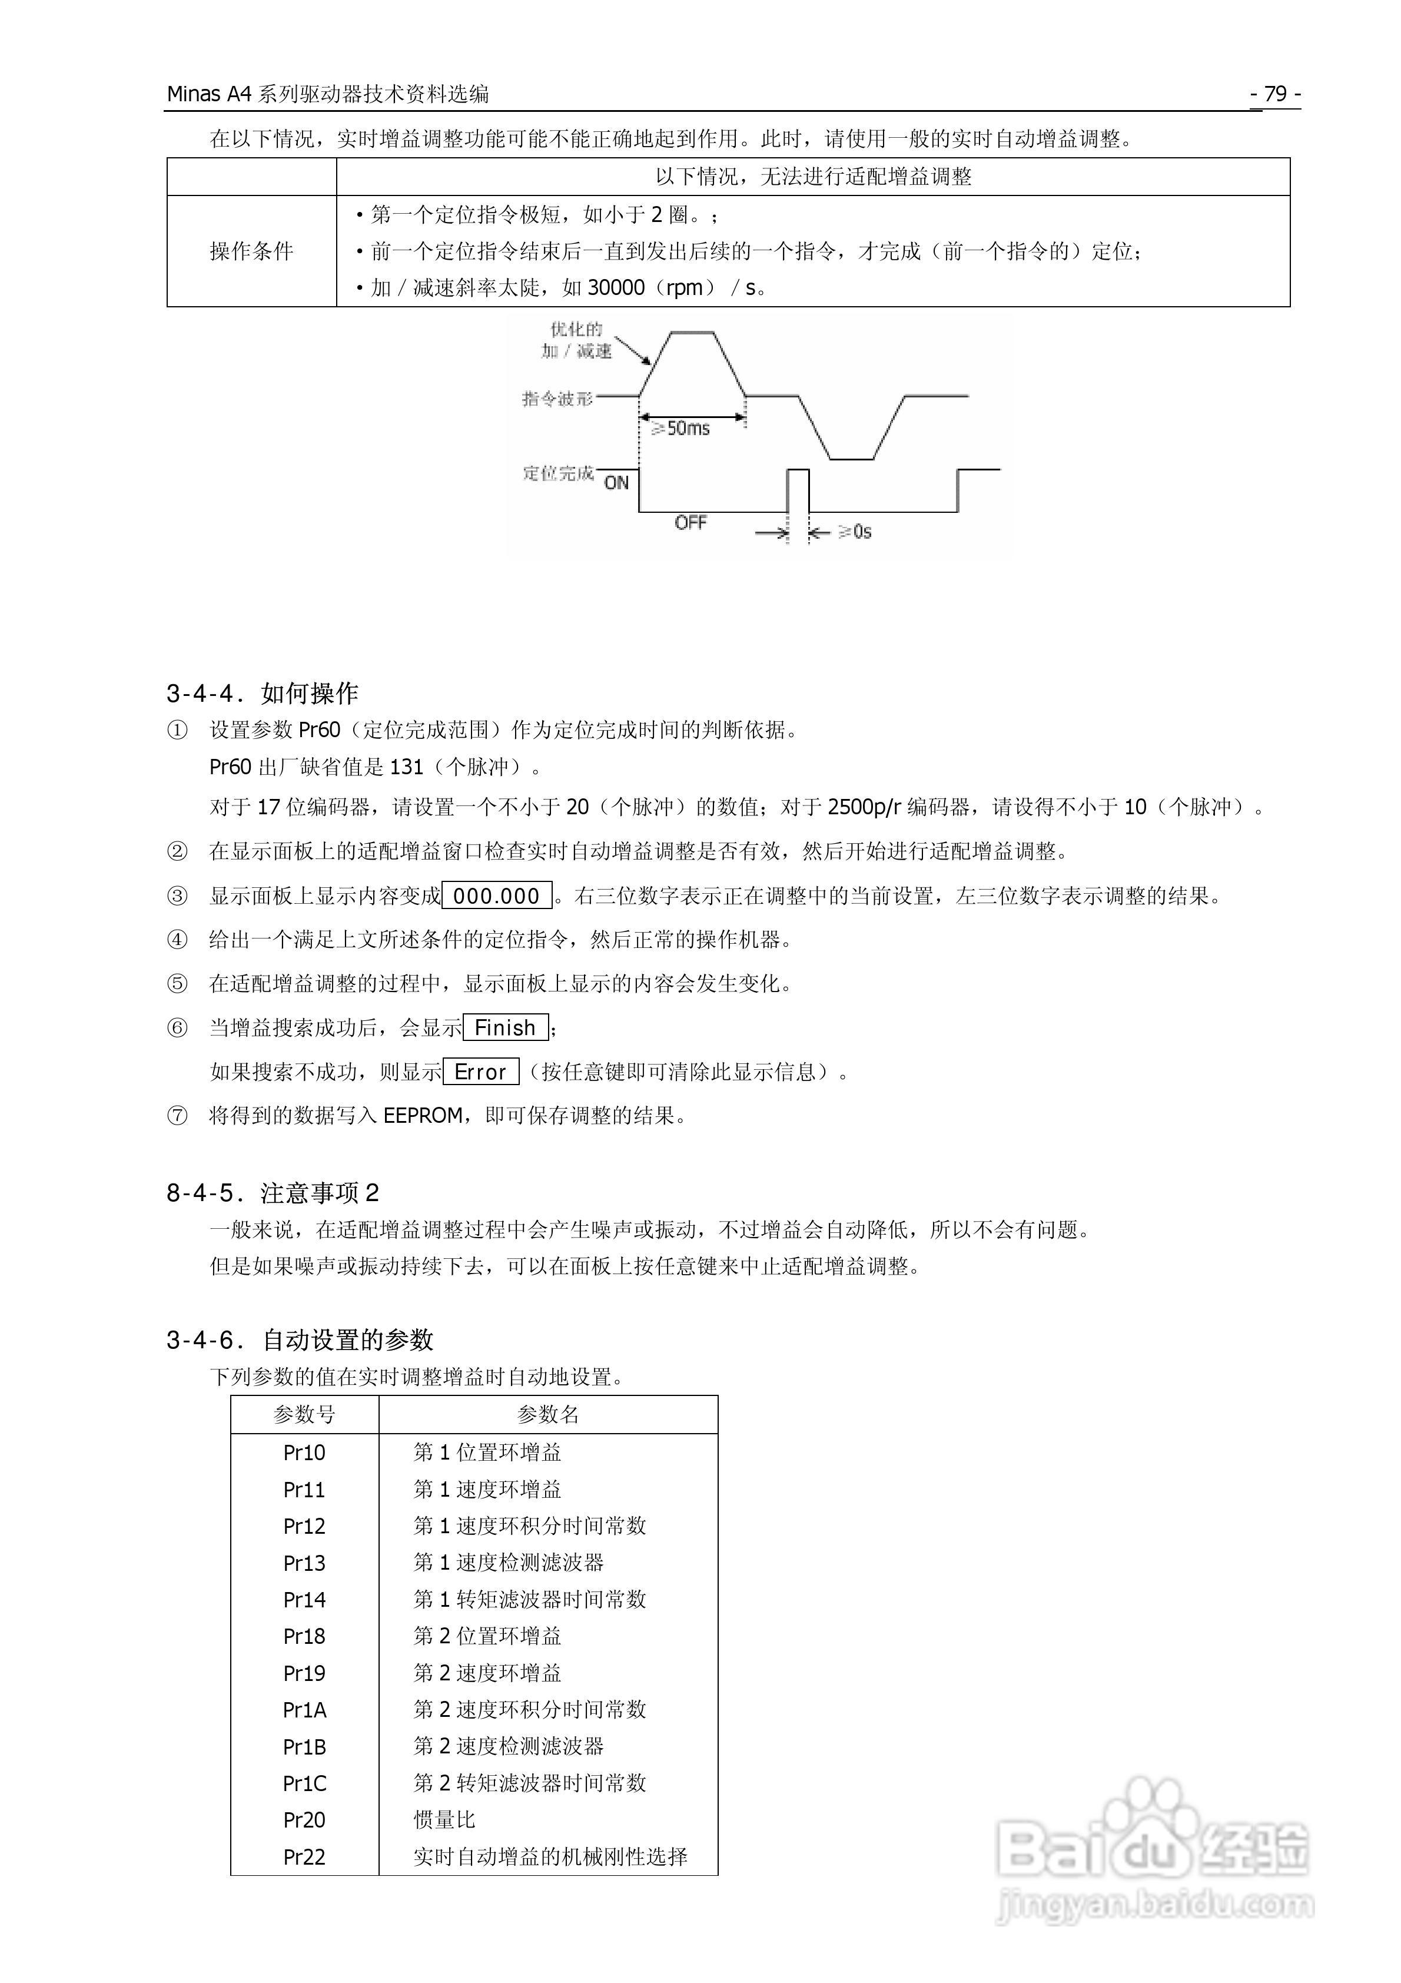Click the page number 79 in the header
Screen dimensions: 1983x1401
coord(1275,93)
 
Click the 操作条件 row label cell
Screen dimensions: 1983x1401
coord(251,251)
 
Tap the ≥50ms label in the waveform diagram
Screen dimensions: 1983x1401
coord(680,427)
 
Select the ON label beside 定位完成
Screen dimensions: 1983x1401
coord(616,483)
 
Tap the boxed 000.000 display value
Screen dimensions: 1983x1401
coord(497,897)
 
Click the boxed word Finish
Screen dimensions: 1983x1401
coord(505,1028)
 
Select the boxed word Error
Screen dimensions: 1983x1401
coord(480,1072)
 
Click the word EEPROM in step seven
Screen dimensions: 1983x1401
coord(423,1116)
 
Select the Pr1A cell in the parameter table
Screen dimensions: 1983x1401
coord(304,1710)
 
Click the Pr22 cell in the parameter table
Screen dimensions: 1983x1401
coord(304,1857)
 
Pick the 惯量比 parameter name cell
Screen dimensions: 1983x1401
coord(444,1820)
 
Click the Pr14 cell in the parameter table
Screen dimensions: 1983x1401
coord(304,1600)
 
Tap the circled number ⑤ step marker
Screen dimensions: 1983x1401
coord(177,984)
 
